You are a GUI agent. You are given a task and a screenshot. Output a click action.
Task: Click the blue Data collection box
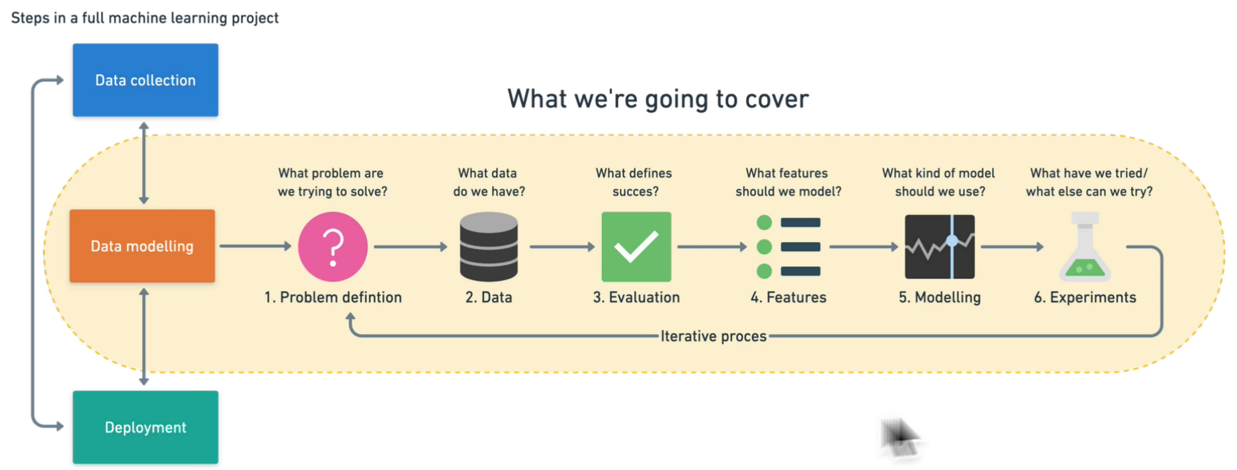145,80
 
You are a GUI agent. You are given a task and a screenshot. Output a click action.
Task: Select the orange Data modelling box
142,246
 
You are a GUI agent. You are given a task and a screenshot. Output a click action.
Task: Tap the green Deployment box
145,427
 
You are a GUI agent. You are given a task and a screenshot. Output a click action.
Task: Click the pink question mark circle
333,247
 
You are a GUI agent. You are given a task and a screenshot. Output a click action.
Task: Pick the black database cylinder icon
489,247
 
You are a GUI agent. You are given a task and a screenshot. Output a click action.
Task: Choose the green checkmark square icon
636,247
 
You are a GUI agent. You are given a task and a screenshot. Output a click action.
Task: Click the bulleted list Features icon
788,247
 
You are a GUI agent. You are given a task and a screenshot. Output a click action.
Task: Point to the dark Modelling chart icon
940,247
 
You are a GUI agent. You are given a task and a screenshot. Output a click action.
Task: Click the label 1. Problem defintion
333,297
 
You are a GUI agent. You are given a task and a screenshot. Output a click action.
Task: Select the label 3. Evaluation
636,297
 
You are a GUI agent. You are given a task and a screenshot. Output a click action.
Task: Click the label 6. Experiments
1085,297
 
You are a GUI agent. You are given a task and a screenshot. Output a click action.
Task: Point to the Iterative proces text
713,336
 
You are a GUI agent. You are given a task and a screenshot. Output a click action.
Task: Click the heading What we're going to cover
658,99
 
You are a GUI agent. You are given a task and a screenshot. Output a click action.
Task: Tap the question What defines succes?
634,182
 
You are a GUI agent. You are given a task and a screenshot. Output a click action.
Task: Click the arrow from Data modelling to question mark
255,246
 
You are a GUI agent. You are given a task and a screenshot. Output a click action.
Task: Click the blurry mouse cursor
899,437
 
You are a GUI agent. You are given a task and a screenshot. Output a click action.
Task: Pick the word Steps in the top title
30,18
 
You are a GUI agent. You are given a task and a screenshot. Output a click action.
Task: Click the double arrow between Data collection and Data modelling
144,163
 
